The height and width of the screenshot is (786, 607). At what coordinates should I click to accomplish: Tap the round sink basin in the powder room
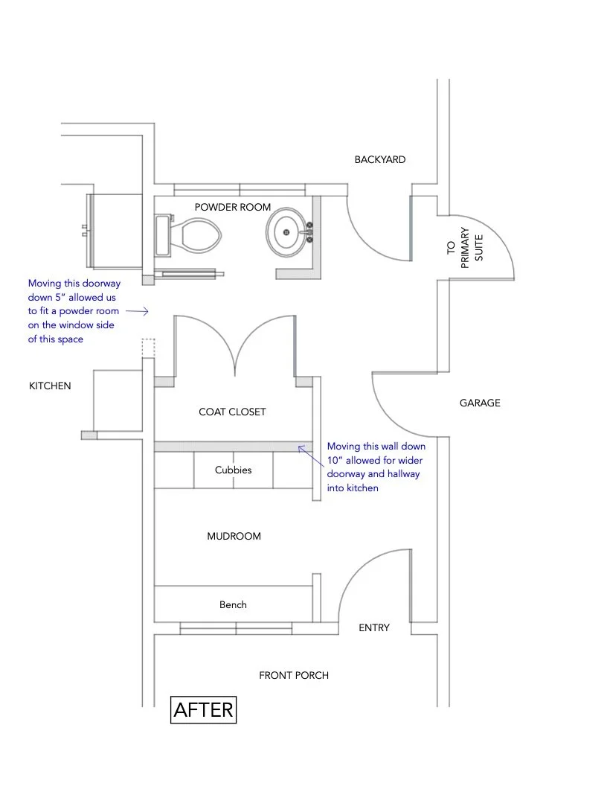click(x=287, y=233)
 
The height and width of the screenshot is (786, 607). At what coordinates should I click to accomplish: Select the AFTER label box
click(x=203, y=709)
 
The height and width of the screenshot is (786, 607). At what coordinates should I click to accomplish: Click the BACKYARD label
click(x=379, y=159)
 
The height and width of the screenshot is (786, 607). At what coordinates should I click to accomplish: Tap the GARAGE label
click(x=480, y=403)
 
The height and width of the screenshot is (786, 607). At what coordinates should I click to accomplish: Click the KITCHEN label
click(x=50, y=386)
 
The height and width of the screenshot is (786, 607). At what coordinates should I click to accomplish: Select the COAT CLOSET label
click(x=232, y=412)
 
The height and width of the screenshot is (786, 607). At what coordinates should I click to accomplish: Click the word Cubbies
click(x=233, y=470)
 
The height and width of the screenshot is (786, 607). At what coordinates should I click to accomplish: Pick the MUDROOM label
click(x=234, y=536)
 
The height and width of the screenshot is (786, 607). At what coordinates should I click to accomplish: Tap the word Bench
click(x=233, y=604)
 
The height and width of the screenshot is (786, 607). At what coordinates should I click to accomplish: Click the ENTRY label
click(x=373, y=627)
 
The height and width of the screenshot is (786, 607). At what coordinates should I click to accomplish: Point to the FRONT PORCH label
click(x=293, y=675)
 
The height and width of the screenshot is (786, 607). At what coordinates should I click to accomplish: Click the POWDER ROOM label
click(x=233, y=207)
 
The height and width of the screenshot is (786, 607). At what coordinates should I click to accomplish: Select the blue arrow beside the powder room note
click(x=141, y=311)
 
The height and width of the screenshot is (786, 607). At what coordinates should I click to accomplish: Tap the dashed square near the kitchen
click(x=148, y=347)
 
